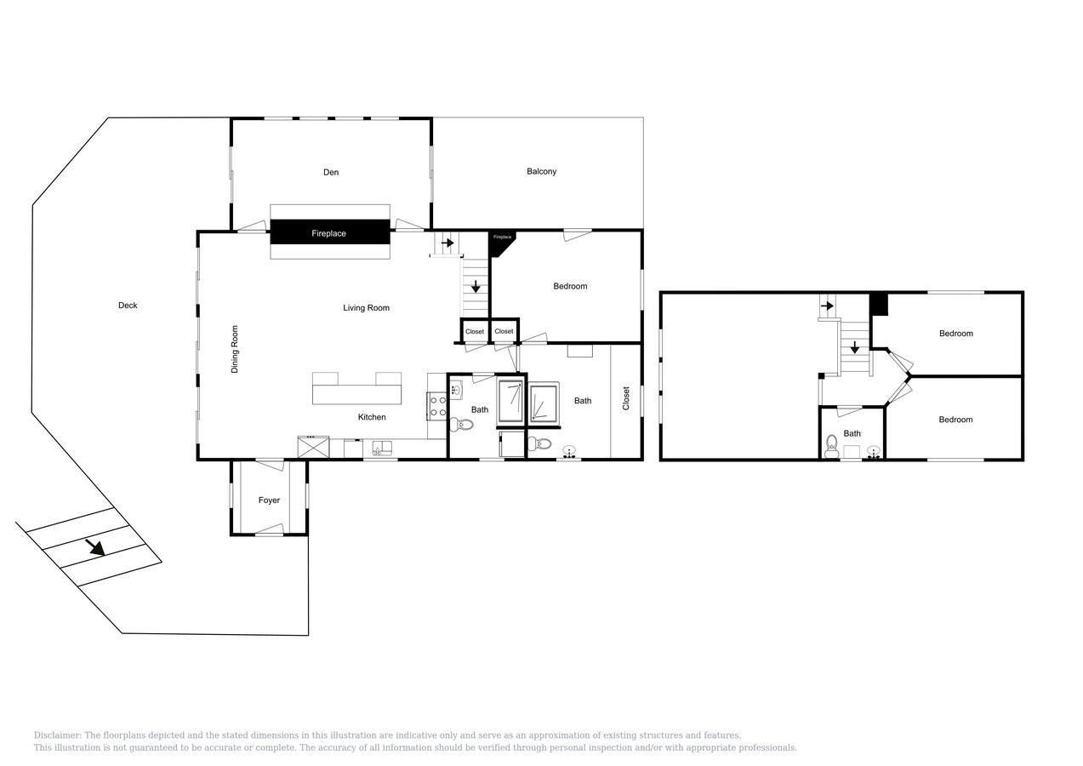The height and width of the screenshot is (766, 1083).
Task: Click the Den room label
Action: coord(331,173)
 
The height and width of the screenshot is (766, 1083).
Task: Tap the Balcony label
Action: coord(541,172)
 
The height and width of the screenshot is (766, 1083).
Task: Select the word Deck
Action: coord(128,306)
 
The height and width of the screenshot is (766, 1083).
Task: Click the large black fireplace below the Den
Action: coord(329,232)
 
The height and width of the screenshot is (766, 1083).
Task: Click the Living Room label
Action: coord(366,308)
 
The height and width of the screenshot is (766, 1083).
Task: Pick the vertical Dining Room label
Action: coord(235,349)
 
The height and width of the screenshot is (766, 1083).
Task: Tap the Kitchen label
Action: coord(372,417)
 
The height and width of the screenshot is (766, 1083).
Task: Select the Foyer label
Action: coord(269,500)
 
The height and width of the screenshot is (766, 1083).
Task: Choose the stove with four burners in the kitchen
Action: coord(437,406)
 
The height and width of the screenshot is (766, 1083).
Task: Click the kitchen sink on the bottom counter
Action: coord(382,448)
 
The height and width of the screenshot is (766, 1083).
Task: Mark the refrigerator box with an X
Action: coord(313,447)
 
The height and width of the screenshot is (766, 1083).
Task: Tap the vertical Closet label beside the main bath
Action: coord(626,398)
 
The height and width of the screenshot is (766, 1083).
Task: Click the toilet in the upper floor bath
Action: coord(832,443)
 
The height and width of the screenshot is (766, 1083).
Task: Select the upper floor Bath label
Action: coord(852,434)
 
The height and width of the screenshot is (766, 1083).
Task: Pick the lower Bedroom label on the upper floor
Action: coord(955,420)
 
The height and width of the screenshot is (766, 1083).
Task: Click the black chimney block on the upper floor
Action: coord(879,304)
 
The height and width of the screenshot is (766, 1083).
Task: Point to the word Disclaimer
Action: coord(57,735)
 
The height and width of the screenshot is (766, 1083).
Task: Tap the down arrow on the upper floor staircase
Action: coord(854,347)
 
